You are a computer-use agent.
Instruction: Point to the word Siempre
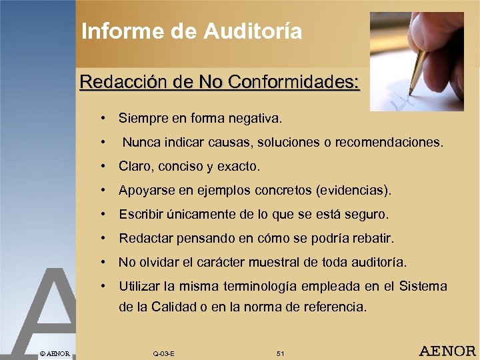(141, 119)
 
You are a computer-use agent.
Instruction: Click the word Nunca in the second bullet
(139, 143)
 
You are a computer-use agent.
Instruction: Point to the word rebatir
(375, 239)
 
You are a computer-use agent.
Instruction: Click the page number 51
(280, 353)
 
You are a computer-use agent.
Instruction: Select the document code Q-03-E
(164, 353)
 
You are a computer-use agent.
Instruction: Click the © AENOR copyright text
(55, 352)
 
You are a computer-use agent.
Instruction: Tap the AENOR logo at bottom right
(447, 351)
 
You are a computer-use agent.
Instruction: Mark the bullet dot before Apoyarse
(105, 191)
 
